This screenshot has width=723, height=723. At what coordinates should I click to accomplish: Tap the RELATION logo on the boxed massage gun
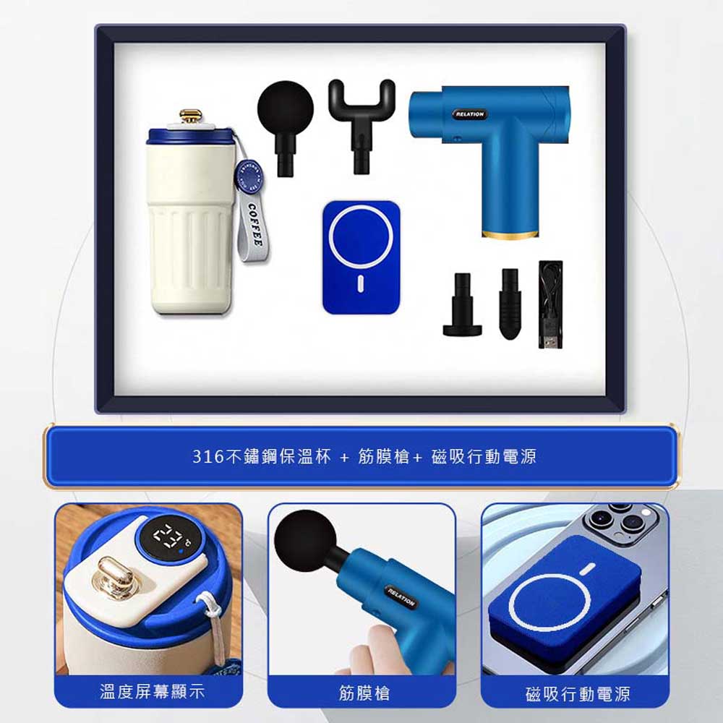[470, 114]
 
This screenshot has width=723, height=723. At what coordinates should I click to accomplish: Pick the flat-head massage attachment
[463, 305]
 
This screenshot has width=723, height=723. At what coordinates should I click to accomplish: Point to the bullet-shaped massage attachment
[510, 304]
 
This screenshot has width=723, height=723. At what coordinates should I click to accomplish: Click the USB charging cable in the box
[550, 304]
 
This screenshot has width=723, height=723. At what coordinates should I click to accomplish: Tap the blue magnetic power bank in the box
[361, 258]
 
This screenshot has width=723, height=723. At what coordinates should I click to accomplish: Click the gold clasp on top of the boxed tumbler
[191, 116]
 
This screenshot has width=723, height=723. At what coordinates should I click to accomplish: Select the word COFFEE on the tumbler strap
[255, 224]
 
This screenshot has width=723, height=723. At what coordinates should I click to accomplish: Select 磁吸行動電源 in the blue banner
[484, 456]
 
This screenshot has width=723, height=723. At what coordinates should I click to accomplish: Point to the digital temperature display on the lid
[169, 537]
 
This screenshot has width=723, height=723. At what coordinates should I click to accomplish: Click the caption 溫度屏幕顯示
[152, 692]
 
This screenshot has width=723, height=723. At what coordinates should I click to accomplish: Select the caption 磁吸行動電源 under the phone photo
[578, 694]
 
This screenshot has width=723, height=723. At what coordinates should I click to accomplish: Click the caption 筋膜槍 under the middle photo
[364, 693]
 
